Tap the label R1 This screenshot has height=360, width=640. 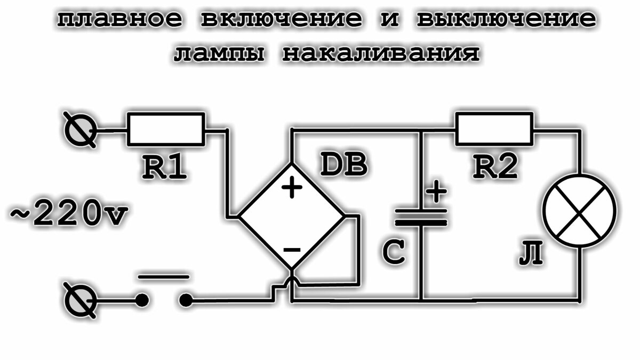click(x=164, y=167)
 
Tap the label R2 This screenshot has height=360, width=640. click(x=495, y=167)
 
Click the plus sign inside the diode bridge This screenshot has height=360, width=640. click(x=292, y=187)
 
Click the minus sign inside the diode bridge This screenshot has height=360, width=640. click(x=292, y=250)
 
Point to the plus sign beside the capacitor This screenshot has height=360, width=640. click(x=436, y=191)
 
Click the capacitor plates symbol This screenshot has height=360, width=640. click(x=421, y=218)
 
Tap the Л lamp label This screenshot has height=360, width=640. click(x=531, y=253)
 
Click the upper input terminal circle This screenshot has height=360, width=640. click(x=80, y=130)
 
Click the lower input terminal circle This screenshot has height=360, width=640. click(x=80, y=301)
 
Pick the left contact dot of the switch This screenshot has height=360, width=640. click(x=142, y=301)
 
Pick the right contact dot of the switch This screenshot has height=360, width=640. click(x=186, y=301)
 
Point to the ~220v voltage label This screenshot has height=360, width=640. click(x=69, y=213)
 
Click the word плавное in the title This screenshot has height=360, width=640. click(x=119, y=19)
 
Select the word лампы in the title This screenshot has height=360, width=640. click(x=219, y=54)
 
